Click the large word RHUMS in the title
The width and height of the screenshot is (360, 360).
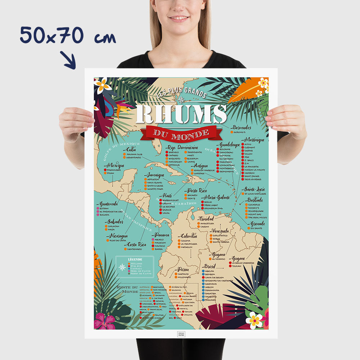181,114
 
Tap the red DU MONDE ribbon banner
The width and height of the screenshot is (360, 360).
181,133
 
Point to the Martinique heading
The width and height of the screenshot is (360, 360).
254,140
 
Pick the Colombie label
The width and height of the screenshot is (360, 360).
189,236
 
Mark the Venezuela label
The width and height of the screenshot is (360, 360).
220,230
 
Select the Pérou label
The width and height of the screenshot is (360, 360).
183,269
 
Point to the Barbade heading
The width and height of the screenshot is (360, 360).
255,200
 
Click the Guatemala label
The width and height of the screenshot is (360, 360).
109,204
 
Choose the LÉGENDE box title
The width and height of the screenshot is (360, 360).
135,259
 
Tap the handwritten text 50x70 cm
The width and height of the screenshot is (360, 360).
68,36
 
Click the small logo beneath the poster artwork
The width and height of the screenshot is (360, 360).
181,334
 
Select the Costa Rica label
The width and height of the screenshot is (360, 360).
137,244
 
